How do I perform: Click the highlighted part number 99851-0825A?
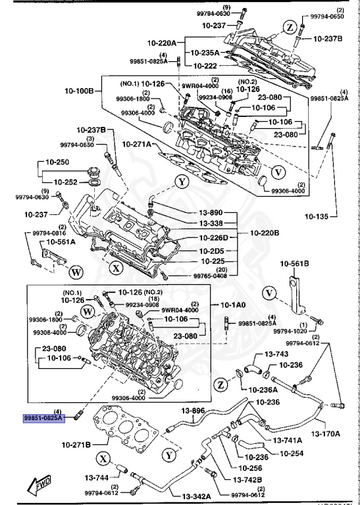point(43,418)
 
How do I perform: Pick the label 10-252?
point(68,181)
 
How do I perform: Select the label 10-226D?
point(211,237)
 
